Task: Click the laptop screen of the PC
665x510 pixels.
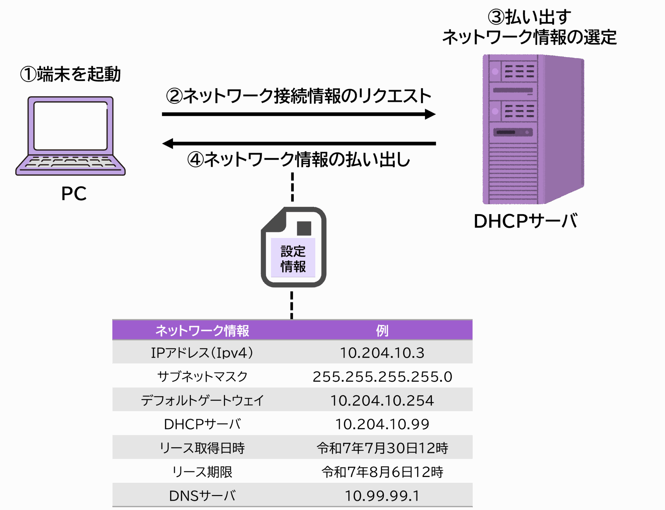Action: point(70,126)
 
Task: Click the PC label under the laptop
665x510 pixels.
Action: point(74,194)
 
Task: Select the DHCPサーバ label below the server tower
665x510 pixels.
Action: point(526,221)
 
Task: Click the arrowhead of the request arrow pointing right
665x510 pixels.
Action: point(432,114)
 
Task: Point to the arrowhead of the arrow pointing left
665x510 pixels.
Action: point(167,143)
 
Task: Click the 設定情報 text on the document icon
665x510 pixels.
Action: point(293,259)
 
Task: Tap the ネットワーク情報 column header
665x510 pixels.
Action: point(202,330)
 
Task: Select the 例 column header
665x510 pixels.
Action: point(382,330)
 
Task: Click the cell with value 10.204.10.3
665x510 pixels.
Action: point(382,353)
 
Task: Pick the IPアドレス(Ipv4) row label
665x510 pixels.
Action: point(202,353)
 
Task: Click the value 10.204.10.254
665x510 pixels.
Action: point(382,401)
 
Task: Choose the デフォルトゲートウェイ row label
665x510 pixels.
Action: point(202,401)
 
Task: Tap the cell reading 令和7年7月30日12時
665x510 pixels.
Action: point(382,448)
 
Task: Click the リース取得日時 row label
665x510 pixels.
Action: point(202,448)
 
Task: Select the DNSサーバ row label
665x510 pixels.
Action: point(202,496)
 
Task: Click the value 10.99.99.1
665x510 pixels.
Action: point(382,496)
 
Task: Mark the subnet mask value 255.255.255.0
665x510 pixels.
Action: point(382,377)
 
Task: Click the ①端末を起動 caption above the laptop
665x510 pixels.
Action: point(70,74)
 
